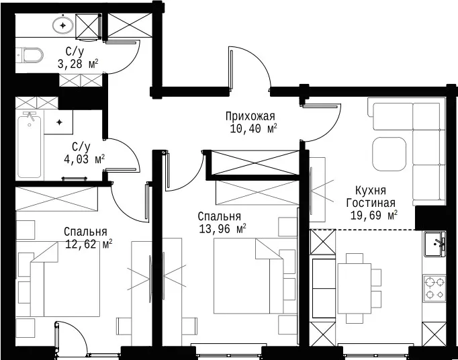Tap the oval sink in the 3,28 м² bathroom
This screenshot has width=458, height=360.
click(x=63, y=25)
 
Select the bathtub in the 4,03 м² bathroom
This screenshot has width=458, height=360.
click(x=29, y=145)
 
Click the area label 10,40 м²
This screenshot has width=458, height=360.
click(x=253, y=128)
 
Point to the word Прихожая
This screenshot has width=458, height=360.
click(x=250, y=116)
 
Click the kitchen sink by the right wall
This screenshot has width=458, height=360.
click(x=435, y=244)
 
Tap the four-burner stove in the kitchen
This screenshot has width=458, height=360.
click(x=435, y=288)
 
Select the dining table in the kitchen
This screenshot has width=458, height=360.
click(x=355, y=288)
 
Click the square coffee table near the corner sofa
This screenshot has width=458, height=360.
click(x=389, y=154)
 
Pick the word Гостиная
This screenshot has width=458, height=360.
click(x=371, y=203)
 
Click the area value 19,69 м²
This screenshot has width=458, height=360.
click(x=374, y=216)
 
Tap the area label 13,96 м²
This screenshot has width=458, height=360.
click(x=222, y=228)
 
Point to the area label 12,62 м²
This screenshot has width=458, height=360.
click(x=89, y=244)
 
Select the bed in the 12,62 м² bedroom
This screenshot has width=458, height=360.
click(x=65, y=279)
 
